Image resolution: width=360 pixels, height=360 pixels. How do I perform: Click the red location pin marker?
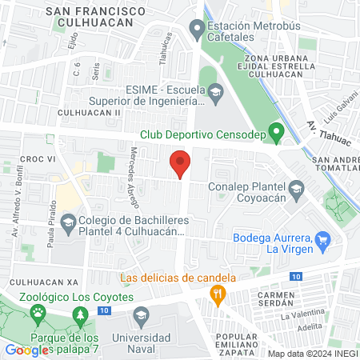[x=181, y=163]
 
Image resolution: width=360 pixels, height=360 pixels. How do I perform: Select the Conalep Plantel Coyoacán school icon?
[x=297, y=189]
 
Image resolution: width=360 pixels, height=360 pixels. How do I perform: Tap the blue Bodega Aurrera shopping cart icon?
[x=322, y=238]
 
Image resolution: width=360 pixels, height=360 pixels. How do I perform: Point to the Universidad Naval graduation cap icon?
[x=141, y=314]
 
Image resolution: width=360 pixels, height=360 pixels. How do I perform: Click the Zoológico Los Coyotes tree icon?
[x=82, y=318]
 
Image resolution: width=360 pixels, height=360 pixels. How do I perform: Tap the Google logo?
[x=27, y=350]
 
